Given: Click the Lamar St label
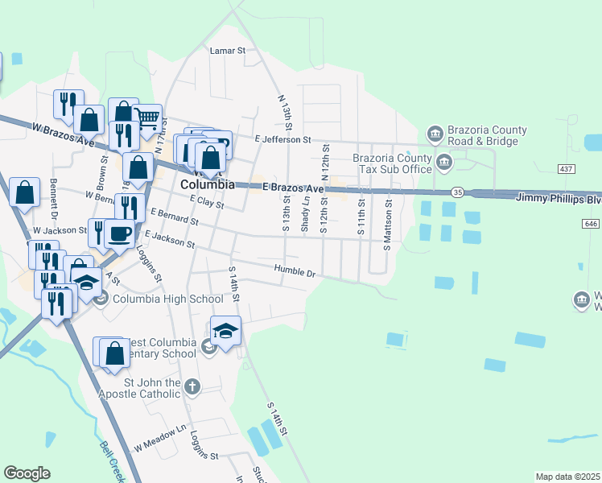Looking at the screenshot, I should (x=227, y=51).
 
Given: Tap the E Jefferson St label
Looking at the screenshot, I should (x=282, y=139).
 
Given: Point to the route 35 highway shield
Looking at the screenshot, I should (x=457, y=193).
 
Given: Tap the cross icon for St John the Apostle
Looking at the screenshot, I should (x=192, y=387).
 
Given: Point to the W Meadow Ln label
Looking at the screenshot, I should (x=160, y=444).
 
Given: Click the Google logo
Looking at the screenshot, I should (x=27, y=473).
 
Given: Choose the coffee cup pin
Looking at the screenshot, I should (x=119, y=233).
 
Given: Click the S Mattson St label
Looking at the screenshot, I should (x=387, y=215).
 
